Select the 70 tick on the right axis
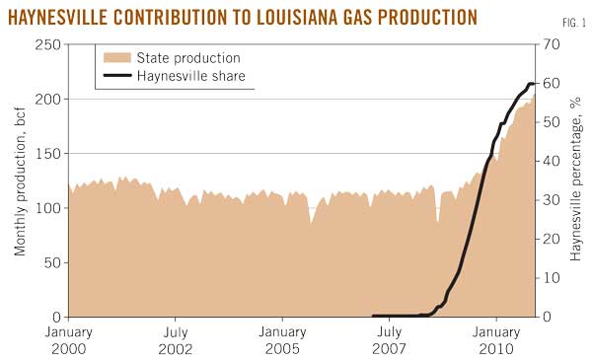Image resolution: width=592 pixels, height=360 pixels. click(x=549, y=45)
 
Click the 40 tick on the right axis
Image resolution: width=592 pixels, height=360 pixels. click(x=549, y=162)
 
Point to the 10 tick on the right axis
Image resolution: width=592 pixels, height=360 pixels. click(x=549, y=278)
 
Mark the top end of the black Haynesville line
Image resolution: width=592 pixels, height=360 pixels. click(x=533, y=84)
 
